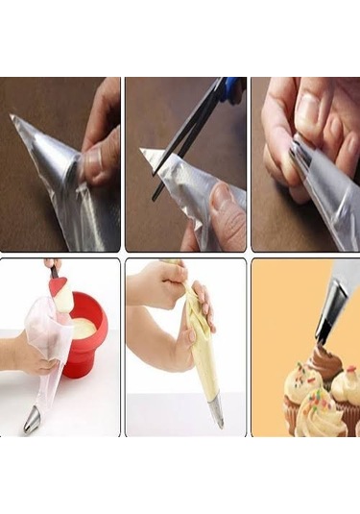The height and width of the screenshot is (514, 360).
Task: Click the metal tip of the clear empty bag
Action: [x=32, y=419]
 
